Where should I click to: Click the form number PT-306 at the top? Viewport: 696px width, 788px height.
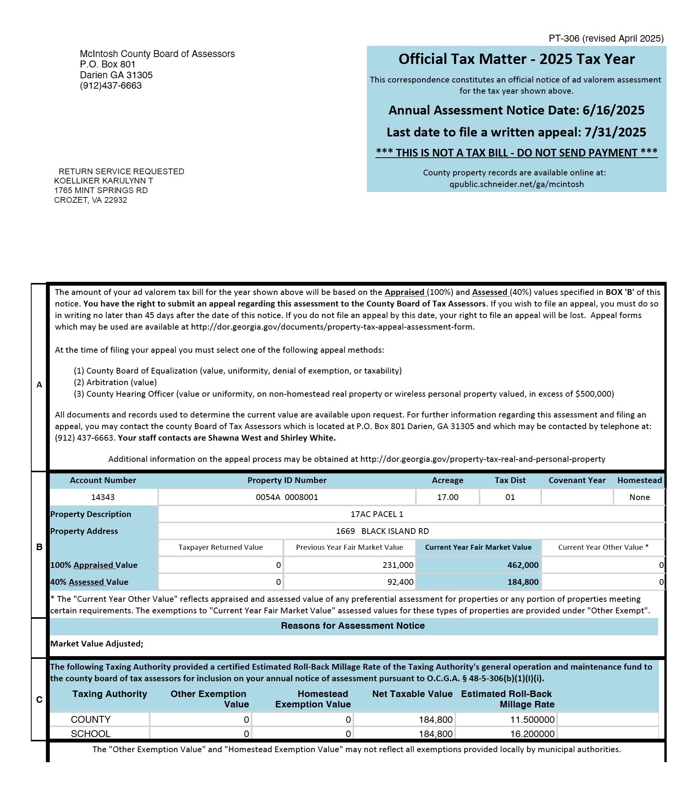click(x=564, y=39)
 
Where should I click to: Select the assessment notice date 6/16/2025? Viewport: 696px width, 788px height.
click(x=613, y=110)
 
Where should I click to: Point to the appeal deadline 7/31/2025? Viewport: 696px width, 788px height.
click(x=615, y=132)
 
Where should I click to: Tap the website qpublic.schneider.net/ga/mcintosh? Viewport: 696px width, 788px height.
click(x=516, y=184)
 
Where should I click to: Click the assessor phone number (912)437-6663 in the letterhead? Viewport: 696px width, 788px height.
click(x=111, y=86)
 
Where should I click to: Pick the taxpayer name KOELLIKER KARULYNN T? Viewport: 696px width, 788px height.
click(x=103, y=181)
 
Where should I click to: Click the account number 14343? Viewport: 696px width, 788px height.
click(x=103, y=497)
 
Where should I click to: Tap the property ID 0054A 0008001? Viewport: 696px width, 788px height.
click(x=287, y=497)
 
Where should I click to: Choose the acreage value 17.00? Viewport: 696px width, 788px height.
click(x=448, y=497)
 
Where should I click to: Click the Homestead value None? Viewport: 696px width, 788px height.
click(x=639, y=497)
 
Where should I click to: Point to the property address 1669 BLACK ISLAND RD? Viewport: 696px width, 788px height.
click(x=382, y=531)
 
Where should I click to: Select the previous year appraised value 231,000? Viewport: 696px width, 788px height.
click(x=398, y=565)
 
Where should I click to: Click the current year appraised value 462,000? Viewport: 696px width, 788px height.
click(x=523, y=565)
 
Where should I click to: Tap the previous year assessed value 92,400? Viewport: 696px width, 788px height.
click(x=400, y=582)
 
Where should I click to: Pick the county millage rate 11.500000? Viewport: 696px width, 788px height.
click(x=532, y=720)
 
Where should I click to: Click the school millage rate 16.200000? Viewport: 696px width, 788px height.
click(x=532, y=734)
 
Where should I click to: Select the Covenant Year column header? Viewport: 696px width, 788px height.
click(x=577, y=480)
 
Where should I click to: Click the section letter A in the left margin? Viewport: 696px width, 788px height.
click(x=39, y=385)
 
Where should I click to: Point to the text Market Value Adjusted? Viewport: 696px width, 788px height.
click(x=97, y=644)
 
